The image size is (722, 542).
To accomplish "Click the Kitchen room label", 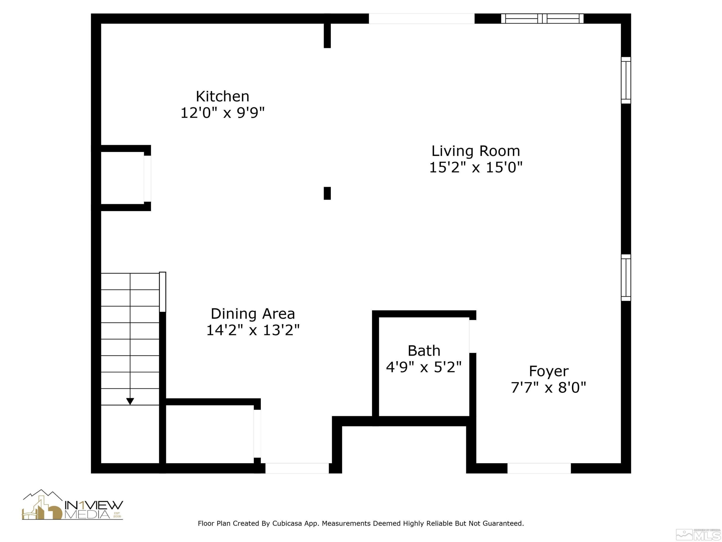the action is tap(223, 96).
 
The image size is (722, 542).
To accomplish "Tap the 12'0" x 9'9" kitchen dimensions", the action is tap(223, 113).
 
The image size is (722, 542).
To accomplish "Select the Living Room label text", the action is tap(476, 151).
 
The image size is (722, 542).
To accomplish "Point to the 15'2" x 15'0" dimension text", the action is tap(476, 167).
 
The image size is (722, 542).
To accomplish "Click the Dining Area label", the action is tap(253, 314).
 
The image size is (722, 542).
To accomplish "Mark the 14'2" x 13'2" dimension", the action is tap(253, 330).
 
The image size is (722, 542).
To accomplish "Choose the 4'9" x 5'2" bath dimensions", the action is tap(424, 367).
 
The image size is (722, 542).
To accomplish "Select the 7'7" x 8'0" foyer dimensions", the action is tap(549, 387).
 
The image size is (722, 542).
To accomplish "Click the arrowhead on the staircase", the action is tap(130, 401).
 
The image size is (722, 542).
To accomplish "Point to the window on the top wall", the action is tap(542, 19).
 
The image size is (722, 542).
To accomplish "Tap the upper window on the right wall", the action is tap(626, 80).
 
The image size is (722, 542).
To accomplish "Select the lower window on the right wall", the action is tap(626, 278).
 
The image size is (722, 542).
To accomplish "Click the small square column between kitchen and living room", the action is tap(327, 193).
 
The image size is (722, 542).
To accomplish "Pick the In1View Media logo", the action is tap(72, 505).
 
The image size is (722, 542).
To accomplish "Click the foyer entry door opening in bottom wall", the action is tap(539, 468).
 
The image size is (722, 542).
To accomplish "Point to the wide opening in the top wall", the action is tap(421, 19).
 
